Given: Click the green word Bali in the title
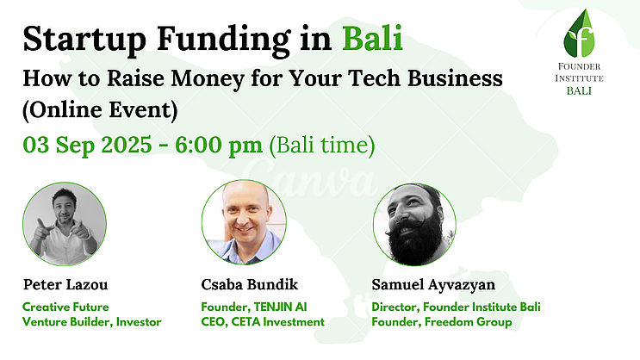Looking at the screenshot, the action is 372,39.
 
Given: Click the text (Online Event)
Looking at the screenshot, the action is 100,109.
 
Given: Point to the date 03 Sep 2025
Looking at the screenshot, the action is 87,146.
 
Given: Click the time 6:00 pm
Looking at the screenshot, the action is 219,146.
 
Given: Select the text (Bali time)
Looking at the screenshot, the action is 321,146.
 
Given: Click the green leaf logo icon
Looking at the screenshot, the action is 579,34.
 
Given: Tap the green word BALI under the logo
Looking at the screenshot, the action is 579,90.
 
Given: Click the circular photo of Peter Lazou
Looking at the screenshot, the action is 65,224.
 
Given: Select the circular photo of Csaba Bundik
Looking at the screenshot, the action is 244,222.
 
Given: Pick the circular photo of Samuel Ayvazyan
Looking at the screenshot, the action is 414,224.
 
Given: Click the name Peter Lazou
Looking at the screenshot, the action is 65,284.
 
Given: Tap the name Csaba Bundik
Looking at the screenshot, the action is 250,284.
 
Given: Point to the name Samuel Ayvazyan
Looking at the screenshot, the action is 433,285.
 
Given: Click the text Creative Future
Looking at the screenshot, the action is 65,307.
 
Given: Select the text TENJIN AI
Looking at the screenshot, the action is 281,307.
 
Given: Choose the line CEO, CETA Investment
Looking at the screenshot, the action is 263,322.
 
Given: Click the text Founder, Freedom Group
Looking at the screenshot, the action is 442,322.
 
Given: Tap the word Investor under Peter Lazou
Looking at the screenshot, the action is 139,322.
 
